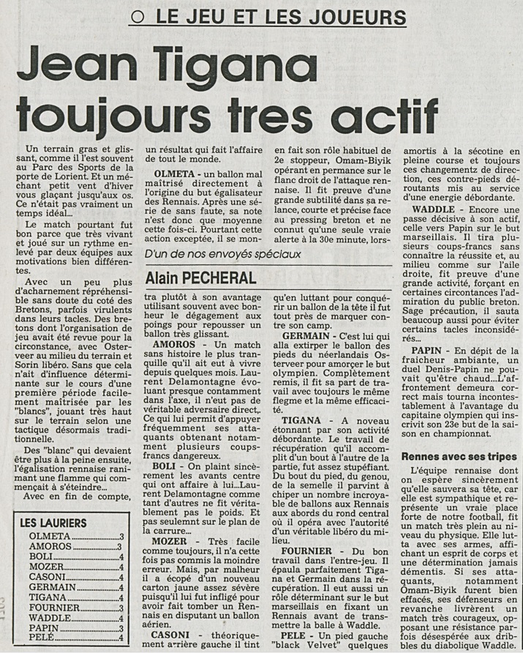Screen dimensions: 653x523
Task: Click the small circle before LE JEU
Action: [135, 18]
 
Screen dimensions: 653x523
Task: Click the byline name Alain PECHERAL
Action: [200, 277]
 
